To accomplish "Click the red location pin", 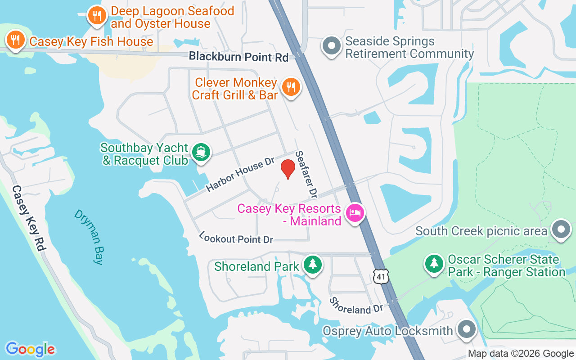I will tap(288, 169).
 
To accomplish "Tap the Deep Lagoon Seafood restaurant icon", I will tap(97, 16).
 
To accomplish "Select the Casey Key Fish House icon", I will tap(15, 41).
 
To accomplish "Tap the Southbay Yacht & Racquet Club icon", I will tap(201, 152).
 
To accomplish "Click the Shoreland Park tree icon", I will tap(312, 264).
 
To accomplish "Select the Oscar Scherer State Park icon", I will tap(434, 263).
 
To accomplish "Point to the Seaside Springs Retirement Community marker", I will tap(332, 45).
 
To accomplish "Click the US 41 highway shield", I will tap(381, 276).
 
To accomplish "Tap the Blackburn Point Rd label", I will tap(238, 57).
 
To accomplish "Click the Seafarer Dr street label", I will tap(306, 174).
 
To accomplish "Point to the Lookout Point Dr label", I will tap(236, 238).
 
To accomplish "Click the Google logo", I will tap(30, 349).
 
